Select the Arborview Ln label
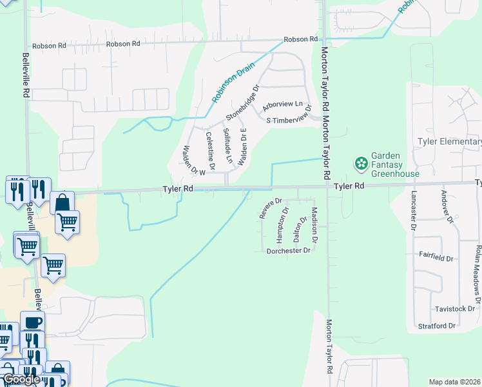(x=282, y=104)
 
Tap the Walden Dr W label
(x=193, y=160)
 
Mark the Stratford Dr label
(x=436, y=326)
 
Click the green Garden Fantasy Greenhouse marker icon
(x=360, y=162)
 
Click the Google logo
(x=21, y=379)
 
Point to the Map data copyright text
(x=454, y=382)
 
